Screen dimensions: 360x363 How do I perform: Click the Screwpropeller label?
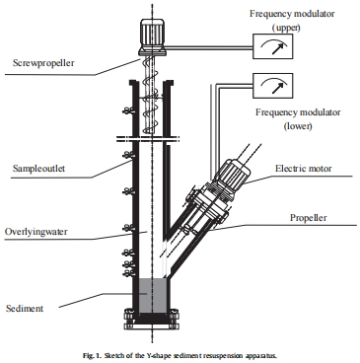(43, 63)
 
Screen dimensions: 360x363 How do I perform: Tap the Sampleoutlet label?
(38, 169)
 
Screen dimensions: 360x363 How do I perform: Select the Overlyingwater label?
(36, 232)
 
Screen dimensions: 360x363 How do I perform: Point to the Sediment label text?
(25, 309)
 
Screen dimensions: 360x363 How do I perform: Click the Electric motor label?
(304, 169)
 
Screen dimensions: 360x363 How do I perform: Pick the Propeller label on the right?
(309, 218)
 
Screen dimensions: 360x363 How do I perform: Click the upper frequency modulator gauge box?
(272, 46)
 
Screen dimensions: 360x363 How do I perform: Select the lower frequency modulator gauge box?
(272, 86)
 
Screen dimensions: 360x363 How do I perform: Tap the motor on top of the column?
(153, 36)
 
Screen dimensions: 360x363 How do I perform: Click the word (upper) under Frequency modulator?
(286, 28)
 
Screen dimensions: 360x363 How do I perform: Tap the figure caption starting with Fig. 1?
(180, 355)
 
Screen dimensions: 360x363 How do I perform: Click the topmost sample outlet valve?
(127, 110)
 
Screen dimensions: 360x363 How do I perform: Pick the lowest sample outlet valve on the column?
(127, 272)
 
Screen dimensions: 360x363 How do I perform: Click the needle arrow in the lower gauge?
(277, 88)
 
